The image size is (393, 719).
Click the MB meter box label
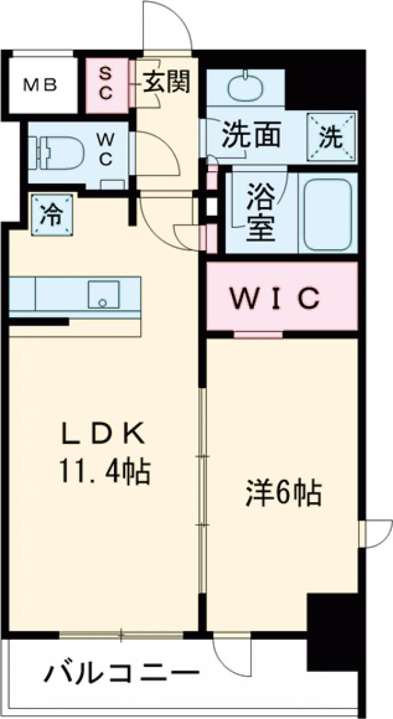(x=41, y=85)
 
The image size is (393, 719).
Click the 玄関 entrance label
(x=166, y=82)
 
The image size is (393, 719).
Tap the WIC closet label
(x=276, y=298)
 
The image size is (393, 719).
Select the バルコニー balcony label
(x=122, y=673)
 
